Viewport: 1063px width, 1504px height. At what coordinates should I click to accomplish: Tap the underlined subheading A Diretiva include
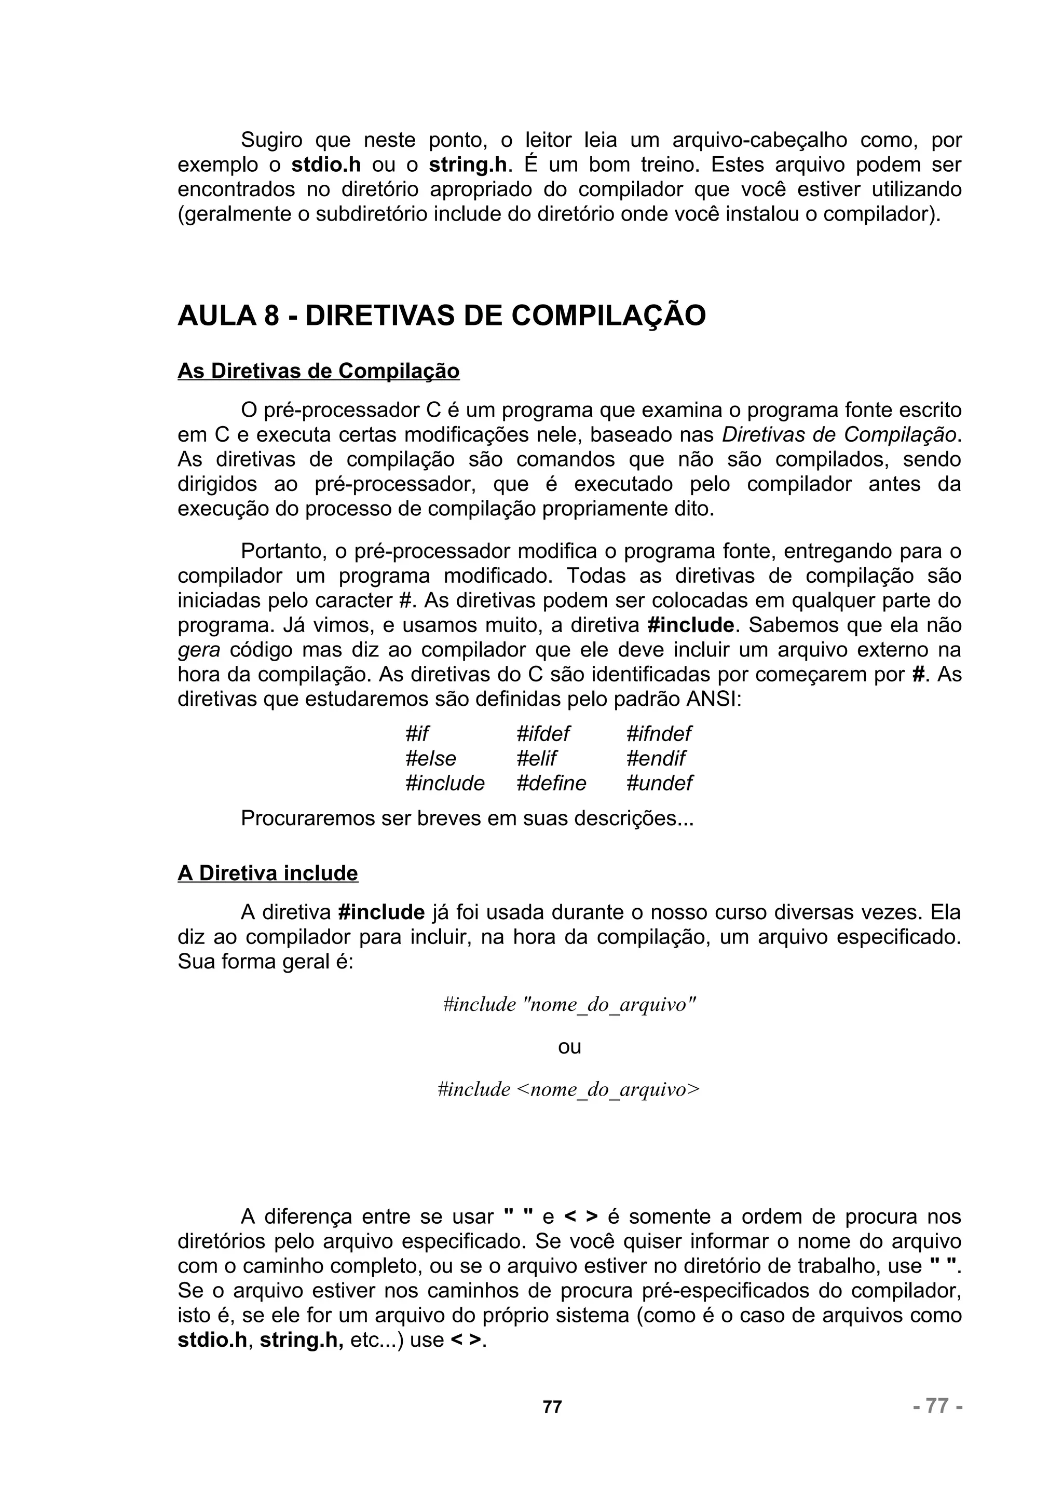coord(268,873)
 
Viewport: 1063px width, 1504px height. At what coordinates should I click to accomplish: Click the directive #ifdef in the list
coord(543,734)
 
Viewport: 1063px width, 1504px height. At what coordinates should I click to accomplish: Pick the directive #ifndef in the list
coord(659,734)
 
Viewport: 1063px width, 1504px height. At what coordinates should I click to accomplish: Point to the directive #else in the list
coord(430,759)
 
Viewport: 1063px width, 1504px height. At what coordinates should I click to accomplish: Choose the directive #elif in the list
coord(536,759)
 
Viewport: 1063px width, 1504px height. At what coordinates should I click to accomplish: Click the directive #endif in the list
coord(656,759)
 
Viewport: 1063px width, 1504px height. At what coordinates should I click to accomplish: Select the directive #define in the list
coord(551,784)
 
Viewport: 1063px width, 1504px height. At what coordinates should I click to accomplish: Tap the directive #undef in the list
coord(659,784)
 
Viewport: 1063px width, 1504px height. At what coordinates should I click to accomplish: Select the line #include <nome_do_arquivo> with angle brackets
coord(568,1089)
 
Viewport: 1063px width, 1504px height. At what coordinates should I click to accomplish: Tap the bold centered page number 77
coord(552,1407)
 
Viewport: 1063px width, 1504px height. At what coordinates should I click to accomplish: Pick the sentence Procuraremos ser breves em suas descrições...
coord(467,819)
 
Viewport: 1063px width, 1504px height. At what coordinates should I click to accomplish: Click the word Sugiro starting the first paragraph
coord(272,140)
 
